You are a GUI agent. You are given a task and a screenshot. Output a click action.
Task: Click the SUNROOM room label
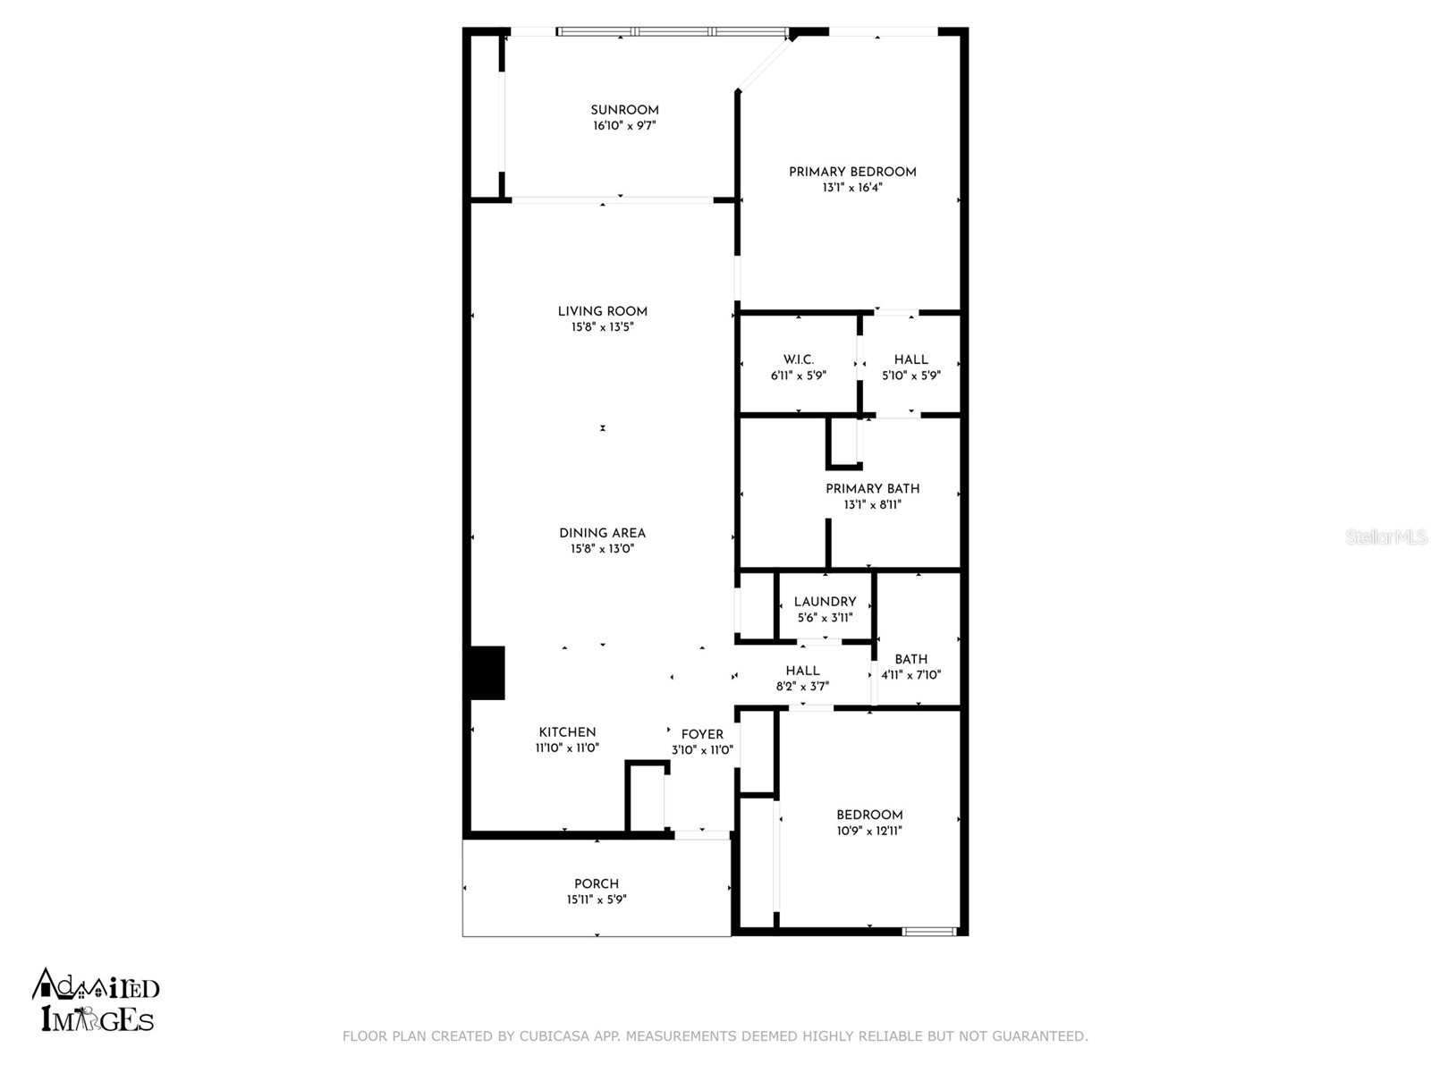[x=624, y=110]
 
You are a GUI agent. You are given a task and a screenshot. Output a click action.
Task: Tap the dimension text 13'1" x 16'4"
[x=852, y=188]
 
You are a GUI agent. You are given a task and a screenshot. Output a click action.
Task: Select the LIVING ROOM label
[x=602, y=311]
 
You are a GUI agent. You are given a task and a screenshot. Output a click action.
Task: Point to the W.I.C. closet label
[x=798, y=359]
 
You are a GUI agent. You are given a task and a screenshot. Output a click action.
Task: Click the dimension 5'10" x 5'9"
[x=910, y=376]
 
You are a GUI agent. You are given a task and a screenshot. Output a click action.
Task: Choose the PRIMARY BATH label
[x=872, y=488]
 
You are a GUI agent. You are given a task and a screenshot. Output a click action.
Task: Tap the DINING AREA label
[x=602, y=533]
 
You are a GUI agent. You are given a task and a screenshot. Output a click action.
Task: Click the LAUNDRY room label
[x=825, y=602]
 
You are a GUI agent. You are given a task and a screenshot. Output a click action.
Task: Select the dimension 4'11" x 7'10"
[x=910, y=675]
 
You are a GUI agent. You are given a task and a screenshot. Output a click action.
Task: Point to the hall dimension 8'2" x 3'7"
[x=802, y=687]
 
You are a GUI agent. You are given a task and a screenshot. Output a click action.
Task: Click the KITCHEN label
[x=567, y=731]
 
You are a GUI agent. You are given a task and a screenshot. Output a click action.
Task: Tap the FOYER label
[x=702, y=734]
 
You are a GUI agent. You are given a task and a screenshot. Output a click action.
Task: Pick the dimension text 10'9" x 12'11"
[x=869, y=831]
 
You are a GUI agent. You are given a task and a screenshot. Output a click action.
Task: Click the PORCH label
[x=597, y=883]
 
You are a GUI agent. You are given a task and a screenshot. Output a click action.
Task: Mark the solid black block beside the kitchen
[x=487, y=672]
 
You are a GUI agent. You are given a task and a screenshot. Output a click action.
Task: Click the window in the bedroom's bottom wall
[x=928, y=932]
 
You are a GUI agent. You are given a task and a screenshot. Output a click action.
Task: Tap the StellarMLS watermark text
[x=1386, y=537]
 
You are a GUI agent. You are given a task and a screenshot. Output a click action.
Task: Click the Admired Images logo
[x=96, y=1000]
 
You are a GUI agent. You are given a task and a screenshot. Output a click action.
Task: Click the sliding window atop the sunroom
[x=673, y=32]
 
